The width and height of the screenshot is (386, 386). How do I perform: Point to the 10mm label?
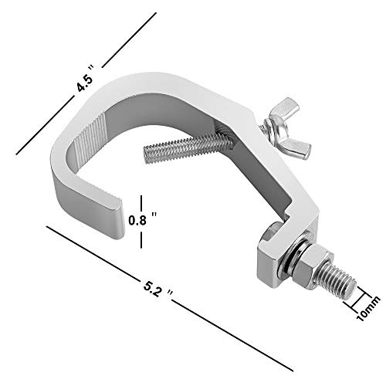point(368,309)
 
